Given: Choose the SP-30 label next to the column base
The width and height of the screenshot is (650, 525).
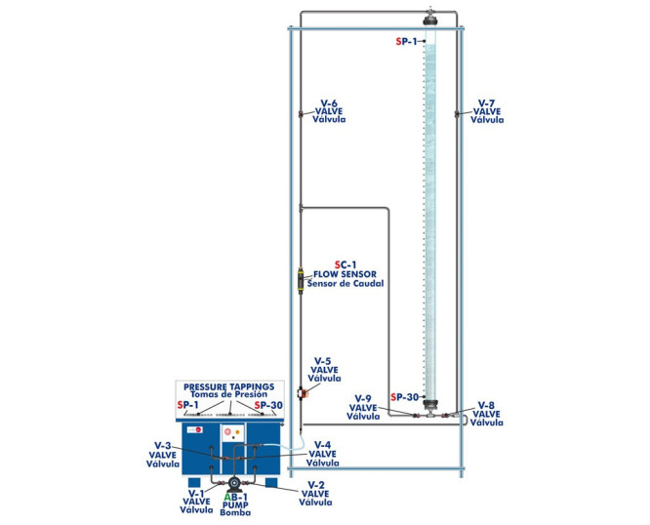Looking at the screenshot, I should click(x=404, y=397).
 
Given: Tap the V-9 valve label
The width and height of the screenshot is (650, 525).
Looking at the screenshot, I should click(x=363, y=407).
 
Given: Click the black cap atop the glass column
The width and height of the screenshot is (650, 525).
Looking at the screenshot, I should click(x=429, y=19).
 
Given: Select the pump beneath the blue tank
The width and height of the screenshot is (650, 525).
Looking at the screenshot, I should click(x=233, y=484).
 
